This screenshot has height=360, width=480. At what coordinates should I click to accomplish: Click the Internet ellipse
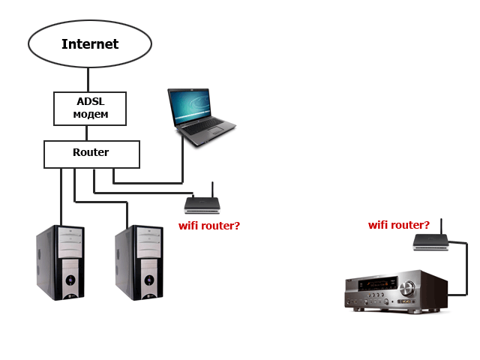89,43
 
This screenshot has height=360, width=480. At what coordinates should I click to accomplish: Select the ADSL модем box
90,108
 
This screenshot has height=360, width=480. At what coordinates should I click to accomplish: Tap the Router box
91,154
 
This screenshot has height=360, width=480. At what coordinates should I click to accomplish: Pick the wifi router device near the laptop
202,204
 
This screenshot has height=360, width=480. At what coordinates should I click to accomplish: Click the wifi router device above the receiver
430,241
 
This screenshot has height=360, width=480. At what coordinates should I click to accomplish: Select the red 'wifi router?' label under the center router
208,225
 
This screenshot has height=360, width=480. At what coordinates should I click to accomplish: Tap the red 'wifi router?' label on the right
399,225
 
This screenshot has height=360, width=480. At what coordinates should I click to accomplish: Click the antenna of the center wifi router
212,188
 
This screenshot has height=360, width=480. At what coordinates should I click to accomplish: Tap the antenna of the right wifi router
441,226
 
